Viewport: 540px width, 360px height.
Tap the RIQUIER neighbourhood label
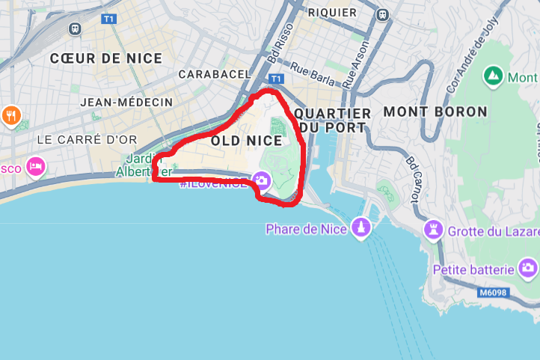tap(332, 13)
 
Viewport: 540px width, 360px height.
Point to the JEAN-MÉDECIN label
tap(126, 102)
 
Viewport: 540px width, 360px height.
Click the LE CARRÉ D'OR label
tap(88, 139)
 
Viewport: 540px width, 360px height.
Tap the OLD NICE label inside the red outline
tap(246, 140)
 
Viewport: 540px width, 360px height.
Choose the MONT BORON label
tap(435, 112)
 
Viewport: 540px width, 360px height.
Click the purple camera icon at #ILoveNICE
tap(261, 180)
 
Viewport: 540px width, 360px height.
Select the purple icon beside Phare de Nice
tap(361, 229)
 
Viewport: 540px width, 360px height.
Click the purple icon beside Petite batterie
tap(529, 269)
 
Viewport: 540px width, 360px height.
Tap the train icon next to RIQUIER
tap(382, 13)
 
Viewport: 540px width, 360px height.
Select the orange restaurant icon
tap(11, 115)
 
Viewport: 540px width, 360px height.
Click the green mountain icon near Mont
tap(493, 76)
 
